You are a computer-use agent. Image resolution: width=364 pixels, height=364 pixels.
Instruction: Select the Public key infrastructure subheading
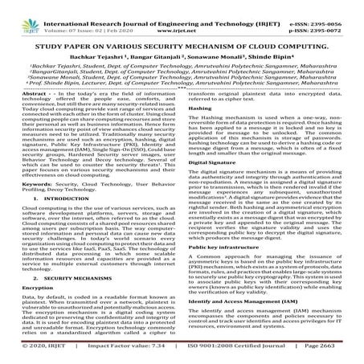click(x=225, y=270)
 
